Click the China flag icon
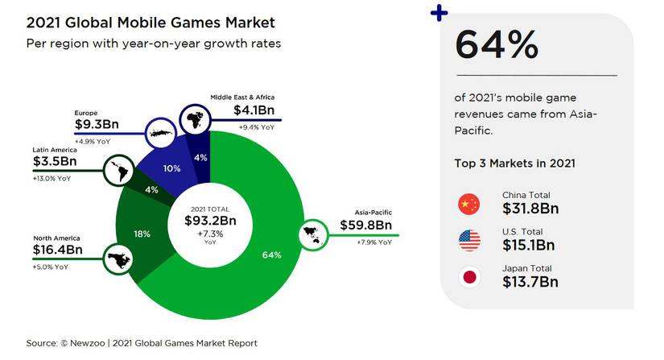coord(468,205)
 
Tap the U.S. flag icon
coord(468,241)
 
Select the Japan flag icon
coord(468,278)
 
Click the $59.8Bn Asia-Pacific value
coord(365,226)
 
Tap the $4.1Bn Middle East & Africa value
coord(256,110)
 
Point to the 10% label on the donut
coord(171,168)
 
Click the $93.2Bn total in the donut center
coord(209,220)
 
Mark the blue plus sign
coord(439,14)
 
